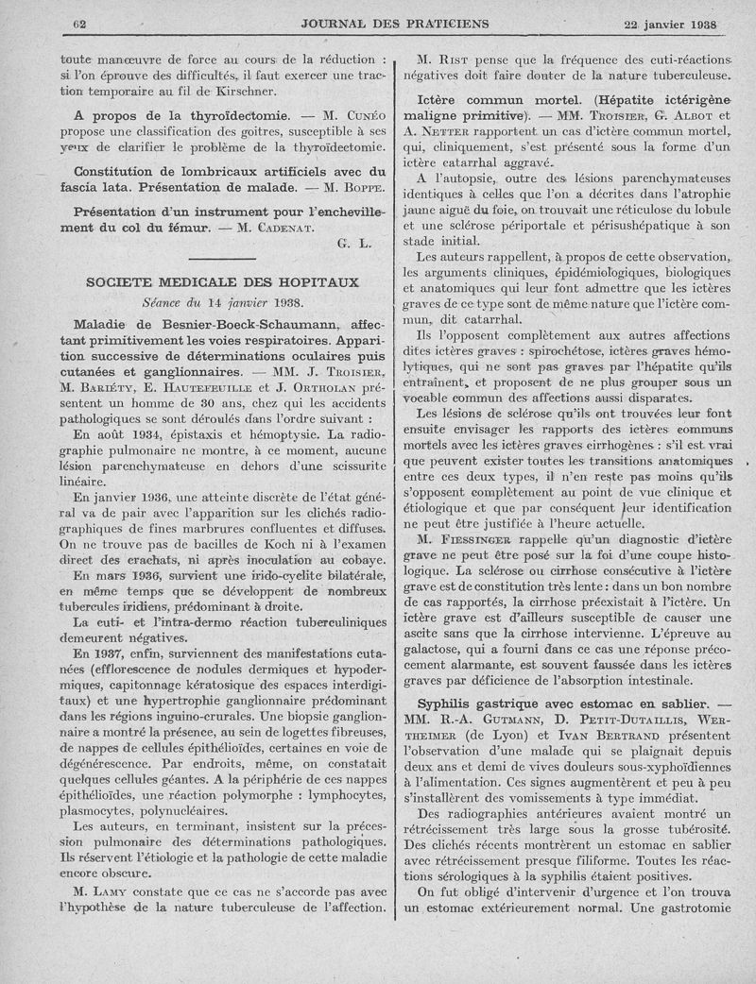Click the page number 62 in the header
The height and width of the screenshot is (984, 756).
click(x=79, y=24)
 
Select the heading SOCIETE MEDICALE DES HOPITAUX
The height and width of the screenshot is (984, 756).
click(x=222, y=282)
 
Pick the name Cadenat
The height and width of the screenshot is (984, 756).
click(x=288, y=227)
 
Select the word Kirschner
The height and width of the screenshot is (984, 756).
click(x=236, y=92)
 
